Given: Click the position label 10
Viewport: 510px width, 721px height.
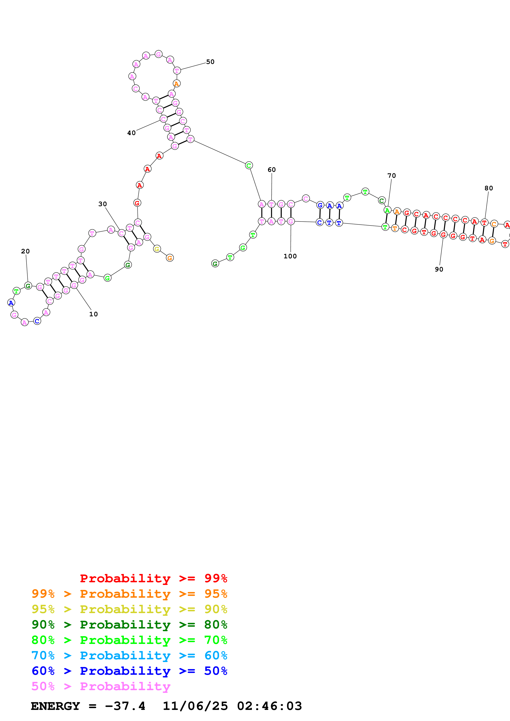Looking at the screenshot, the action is (93, 314).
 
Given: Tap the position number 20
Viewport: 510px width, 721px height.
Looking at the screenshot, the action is (26, 251).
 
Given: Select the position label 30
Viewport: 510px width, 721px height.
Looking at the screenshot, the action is (102, 204).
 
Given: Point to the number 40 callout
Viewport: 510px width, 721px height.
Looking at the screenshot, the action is (131, 133).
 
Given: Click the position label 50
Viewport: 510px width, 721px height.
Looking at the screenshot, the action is (210, 62).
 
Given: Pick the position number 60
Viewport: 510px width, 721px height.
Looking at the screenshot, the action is (272, 170).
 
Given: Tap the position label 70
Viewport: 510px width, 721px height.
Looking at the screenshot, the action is (392, 176).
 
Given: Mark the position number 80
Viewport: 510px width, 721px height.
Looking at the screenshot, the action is (489, 188).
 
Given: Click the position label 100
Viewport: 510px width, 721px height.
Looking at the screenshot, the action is (290, 256).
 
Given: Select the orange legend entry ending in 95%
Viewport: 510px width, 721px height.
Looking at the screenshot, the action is (129, 594).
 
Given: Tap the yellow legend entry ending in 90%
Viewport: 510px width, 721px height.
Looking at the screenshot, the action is (129, 609).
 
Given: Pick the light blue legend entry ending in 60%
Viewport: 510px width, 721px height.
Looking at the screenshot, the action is (129, 655).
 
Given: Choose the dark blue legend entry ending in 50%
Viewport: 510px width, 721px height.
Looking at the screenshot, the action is (129, 671).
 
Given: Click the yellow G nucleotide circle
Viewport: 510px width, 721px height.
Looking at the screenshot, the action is (157, 249).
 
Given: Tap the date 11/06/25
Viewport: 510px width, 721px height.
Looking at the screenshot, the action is (195, 706).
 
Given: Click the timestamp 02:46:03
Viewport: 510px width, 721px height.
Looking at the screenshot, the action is (269, 706).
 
